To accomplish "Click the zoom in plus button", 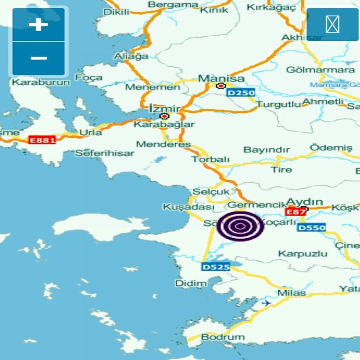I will click(x=39, y=25).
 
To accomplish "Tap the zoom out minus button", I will click(x=39, y=58).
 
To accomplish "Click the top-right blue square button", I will click(x=332, y=24).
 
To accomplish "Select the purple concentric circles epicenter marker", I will click(x=240, y=226).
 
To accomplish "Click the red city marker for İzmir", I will click(x=165, y=116).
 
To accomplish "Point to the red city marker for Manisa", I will click(x=220, y=86).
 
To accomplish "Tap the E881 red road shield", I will click(x=42, y=140).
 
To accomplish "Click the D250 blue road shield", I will click(x=241, y=93).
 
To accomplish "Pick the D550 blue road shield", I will click(x=311, y=228).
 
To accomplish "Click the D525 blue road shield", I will click(x=216, y=267).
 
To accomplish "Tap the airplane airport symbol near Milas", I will click(x=266, y=303).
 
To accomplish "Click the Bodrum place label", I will click(x=223, y=337).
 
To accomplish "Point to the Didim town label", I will click(x=191, y=283).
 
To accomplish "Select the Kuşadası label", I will click(x=189, y=207).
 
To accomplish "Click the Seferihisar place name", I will click(x=104, y=153).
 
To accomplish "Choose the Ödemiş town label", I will click(x=331, y=148).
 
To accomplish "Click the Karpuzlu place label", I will click(x=303, y=254).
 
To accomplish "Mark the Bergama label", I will click(x=173, y=5).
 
